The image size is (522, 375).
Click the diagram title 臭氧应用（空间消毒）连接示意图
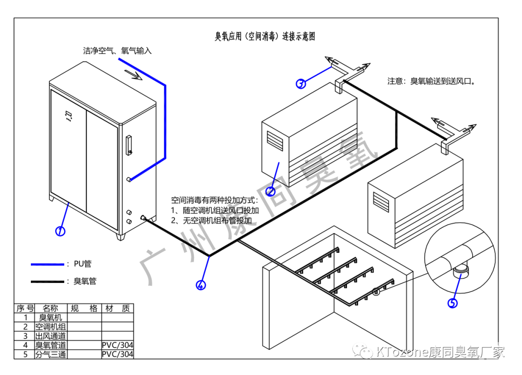265,36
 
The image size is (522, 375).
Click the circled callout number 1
60,231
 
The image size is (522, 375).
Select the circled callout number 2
271,192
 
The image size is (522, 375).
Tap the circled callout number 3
301,83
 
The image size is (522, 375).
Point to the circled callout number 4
201,285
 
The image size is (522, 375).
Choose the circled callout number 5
452,303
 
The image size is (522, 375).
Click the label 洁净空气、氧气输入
117,51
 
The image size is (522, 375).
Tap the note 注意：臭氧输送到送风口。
432,82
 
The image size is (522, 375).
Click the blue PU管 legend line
47,264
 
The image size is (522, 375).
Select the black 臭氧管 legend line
47,281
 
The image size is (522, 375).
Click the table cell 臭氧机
50,318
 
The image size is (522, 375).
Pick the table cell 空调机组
50,327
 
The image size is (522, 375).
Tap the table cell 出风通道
50,336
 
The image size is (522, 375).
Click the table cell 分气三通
50,354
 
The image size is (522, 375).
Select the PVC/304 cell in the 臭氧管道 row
117,345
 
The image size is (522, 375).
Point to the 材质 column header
117,308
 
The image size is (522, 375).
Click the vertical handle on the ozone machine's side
129,146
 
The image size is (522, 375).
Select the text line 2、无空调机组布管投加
212,220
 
